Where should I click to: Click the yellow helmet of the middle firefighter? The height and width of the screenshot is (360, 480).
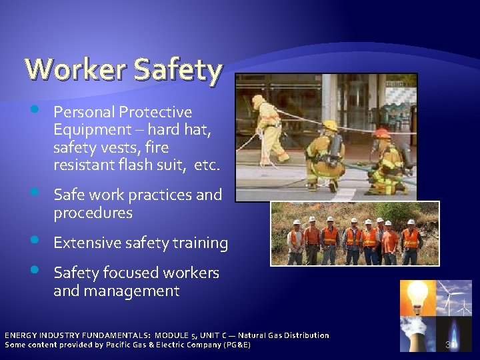tap(329, 125)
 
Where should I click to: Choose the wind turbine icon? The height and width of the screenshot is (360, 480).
tap(455, 297)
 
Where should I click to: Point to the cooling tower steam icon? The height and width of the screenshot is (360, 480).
tap(417, 333)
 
